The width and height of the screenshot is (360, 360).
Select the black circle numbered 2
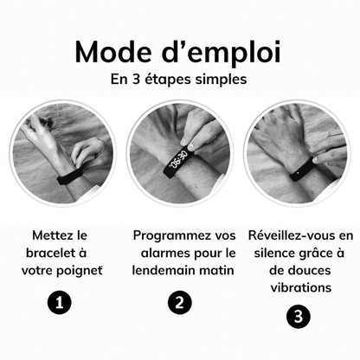(x=178, y=302)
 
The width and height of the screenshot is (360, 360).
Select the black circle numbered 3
(x=298, y=317)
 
